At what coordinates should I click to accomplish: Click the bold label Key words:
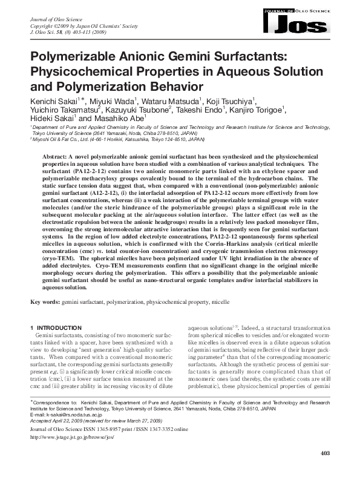45,301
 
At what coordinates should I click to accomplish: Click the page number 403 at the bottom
324,470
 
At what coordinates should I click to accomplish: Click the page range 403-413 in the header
89,33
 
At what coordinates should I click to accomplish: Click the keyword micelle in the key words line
221,301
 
